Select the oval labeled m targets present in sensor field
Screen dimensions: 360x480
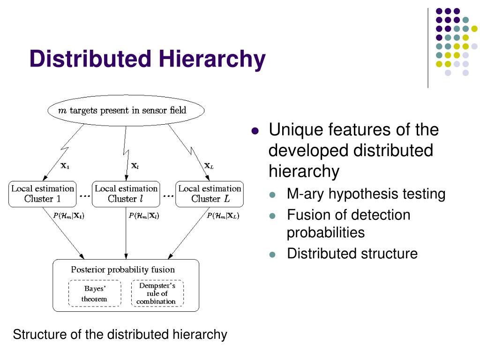(126, 111)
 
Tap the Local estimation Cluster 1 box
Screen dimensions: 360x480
(42, 194)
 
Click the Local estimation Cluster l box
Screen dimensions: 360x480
(126, 194)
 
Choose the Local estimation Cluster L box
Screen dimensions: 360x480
(210, 194)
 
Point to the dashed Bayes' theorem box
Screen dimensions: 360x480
(95, 293)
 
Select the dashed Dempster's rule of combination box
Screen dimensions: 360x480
(157, 293)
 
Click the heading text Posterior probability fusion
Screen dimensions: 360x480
(123, 270)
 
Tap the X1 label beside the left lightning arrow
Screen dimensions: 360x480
(65, 165)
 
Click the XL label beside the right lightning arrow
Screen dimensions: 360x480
(209, 165)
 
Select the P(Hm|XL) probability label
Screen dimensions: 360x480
(223, 216)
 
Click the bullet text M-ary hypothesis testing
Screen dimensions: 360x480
(366, 194)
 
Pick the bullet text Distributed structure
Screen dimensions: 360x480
(352, 254)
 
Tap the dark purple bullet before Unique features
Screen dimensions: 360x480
(255, 131)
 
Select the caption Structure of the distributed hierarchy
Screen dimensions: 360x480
(120, 335)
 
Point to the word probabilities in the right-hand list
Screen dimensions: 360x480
(325, 232)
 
